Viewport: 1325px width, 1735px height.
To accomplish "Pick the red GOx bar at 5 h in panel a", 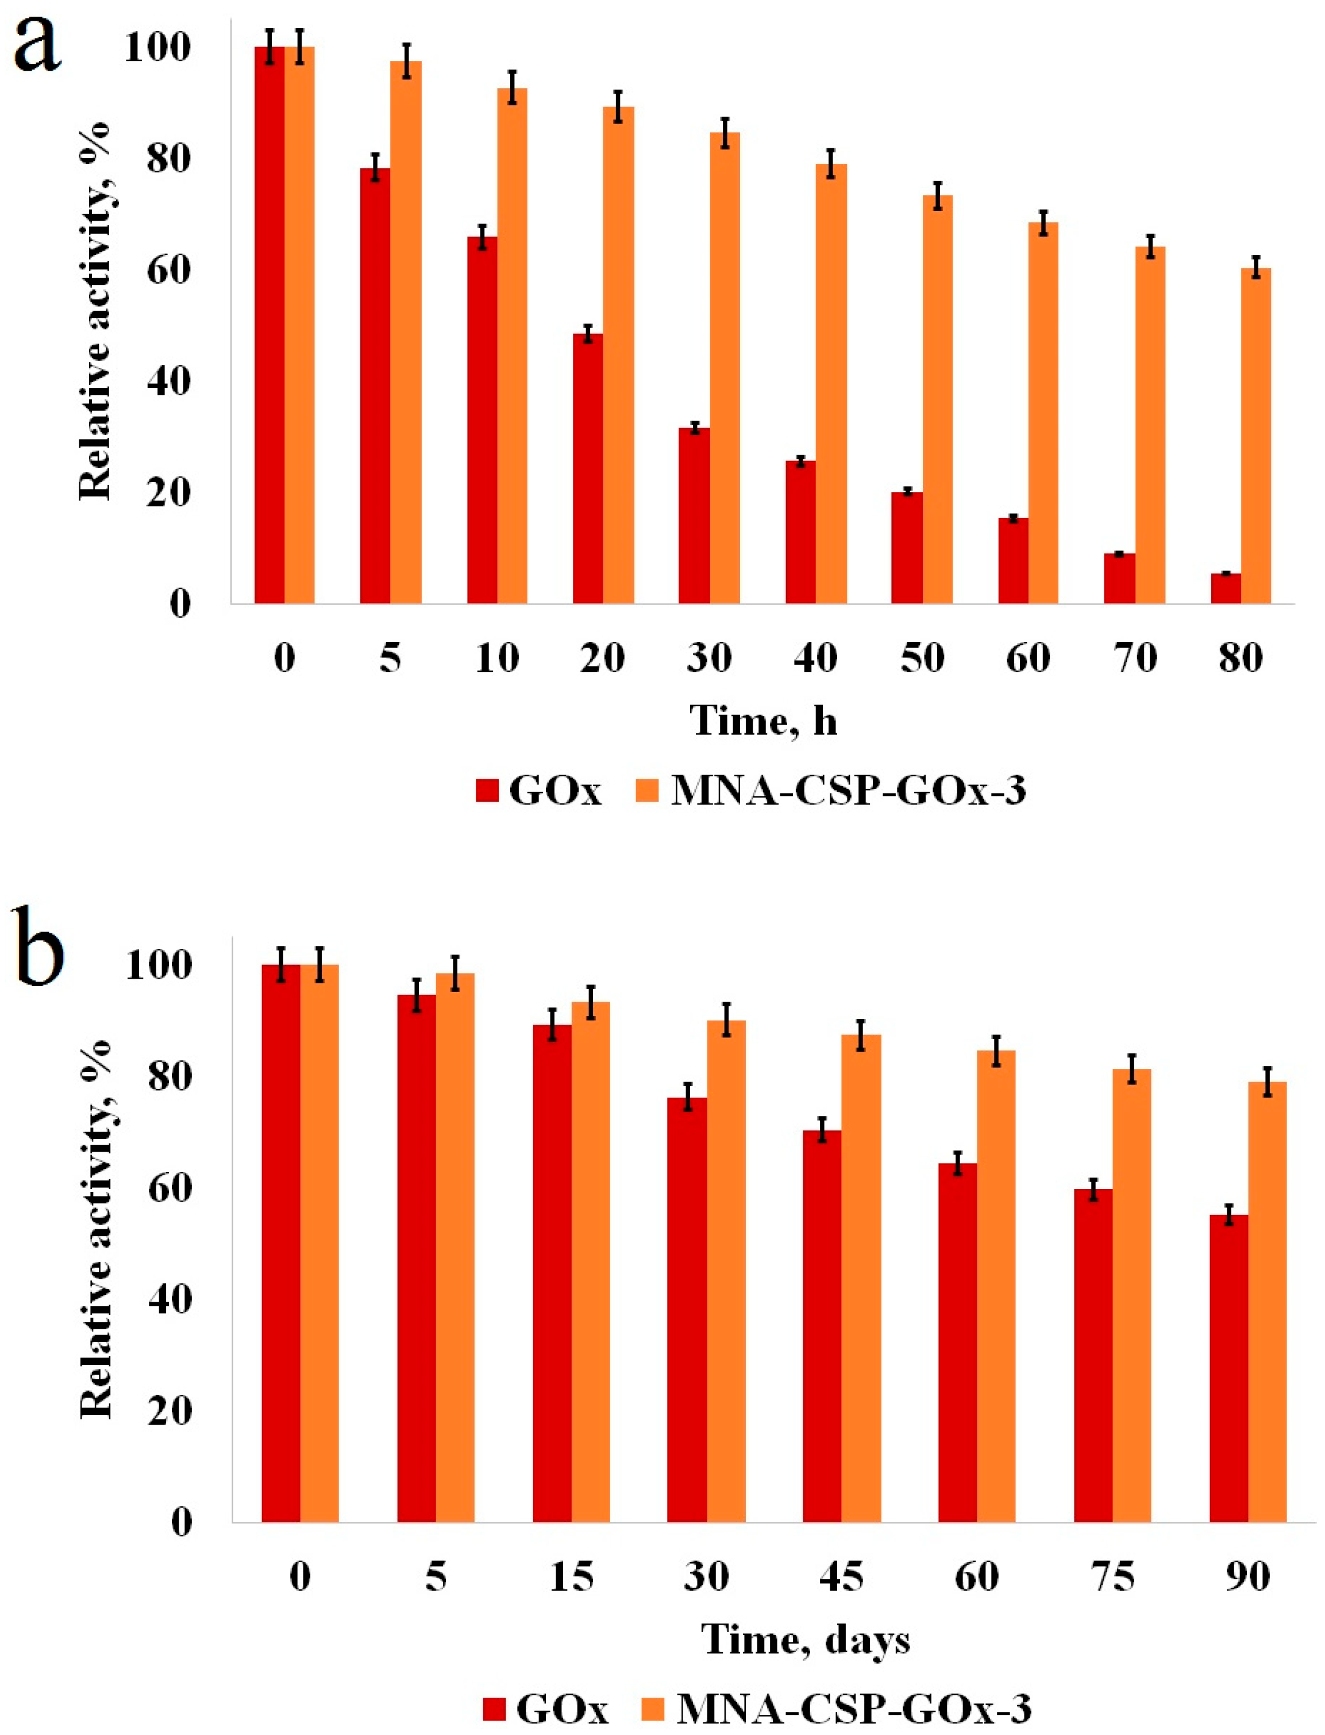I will point(375,386).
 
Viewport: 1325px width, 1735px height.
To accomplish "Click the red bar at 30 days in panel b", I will point(686,1310).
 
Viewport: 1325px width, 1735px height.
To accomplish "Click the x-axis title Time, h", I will point(762,720).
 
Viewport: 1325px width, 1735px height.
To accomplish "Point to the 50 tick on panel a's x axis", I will point(921,657).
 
